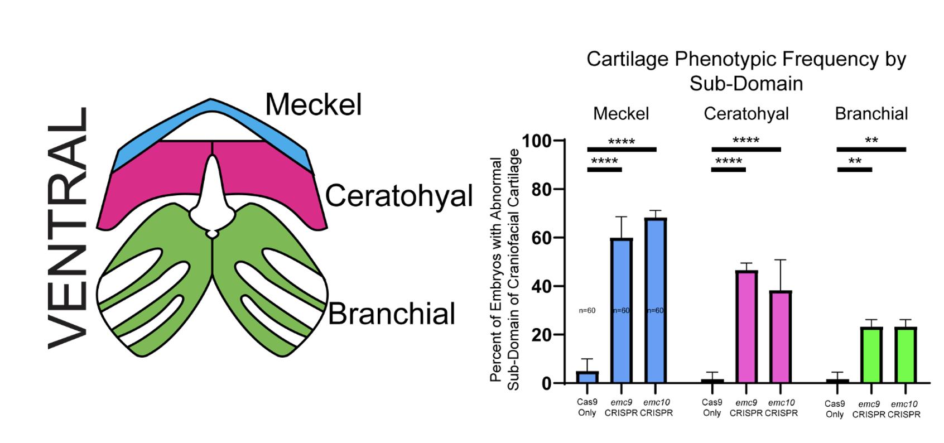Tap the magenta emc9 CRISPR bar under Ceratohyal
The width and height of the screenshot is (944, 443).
(746, 327)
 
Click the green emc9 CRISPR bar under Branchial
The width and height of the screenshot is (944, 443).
(871, 355)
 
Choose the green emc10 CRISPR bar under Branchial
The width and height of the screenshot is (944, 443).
(906, 355)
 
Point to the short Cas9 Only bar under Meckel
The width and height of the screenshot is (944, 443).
(587, 377)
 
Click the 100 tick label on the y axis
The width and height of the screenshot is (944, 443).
(537, 141)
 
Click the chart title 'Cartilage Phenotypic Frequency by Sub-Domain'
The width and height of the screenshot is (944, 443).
(746, 71)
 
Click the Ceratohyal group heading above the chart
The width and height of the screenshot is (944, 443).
(746, 114)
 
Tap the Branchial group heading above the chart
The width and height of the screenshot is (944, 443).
(871, 114)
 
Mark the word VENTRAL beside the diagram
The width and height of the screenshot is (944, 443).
(68, 228)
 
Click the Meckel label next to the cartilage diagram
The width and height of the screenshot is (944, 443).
(313, 104)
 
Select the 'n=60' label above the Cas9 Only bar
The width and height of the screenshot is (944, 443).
(587, 310)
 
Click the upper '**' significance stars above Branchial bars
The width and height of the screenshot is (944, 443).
(871, 141)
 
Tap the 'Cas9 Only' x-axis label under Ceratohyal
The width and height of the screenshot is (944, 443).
(711, 407)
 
